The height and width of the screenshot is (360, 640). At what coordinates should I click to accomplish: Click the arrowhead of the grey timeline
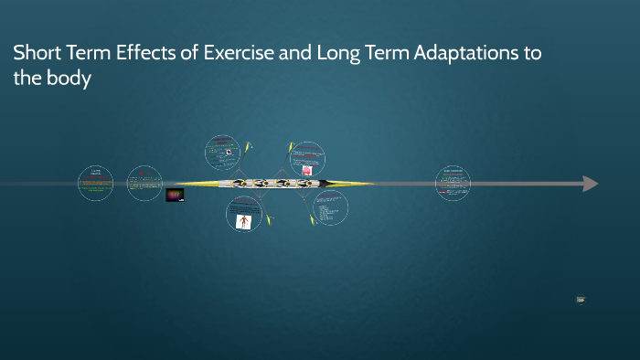click(590, 184)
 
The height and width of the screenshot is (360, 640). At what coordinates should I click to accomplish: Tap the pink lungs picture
click(307, 170)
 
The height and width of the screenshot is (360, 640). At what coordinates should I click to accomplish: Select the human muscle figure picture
click(243, 221)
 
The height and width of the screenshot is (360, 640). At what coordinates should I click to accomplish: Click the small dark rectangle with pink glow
click(175, 195)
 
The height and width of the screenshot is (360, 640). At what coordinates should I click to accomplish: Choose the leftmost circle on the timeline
click(95, 184)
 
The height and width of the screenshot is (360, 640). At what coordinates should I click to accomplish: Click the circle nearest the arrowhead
click(453, 183)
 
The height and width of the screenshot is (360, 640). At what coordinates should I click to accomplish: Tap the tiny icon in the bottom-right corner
click(581, 300)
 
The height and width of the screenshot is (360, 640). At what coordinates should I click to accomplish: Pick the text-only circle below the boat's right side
click(330, 208)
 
